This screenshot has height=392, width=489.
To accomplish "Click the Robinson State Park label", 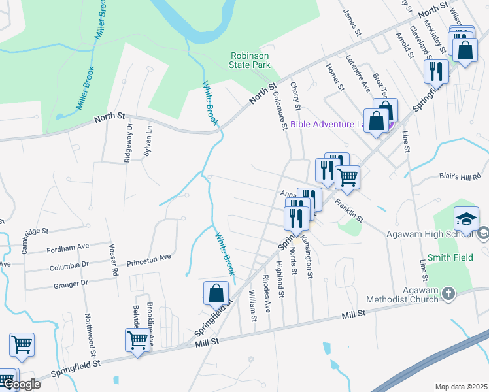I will coord(250,61).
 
